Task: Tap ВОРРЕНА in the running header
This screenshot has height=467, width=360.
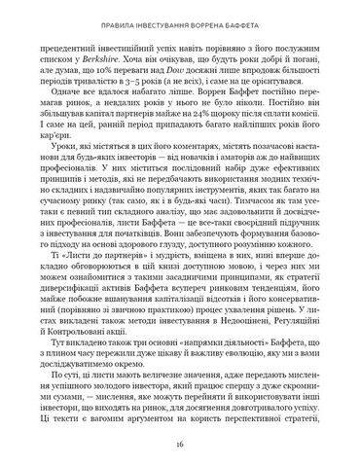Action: [x=218, y=18]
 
